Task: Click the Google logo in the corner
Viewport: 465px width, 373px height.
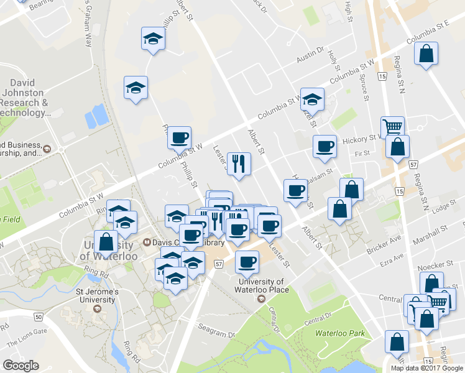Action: [21, 366]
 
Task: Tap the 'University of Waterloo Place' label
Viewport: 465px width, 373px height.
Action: [264, 285]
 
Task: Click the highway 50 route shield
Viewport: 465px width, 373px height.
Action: [39, 317]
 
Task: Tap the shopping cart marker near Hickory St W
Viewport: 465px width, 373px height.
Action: [392, 127]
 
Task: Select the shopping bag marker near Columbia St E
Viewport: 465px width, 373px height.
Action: [426, 53]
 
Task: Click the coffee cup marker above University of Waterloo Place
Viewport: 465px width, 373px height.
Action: [247, 262]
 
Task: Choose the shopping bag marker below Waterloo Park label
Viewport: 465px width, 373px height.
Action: [397, 343]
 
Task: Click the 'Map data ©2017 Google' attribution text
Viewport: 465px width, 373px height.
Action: [426, 367]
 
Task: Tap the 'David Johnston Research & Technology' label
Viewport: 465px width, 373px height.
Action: [29, 98]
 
